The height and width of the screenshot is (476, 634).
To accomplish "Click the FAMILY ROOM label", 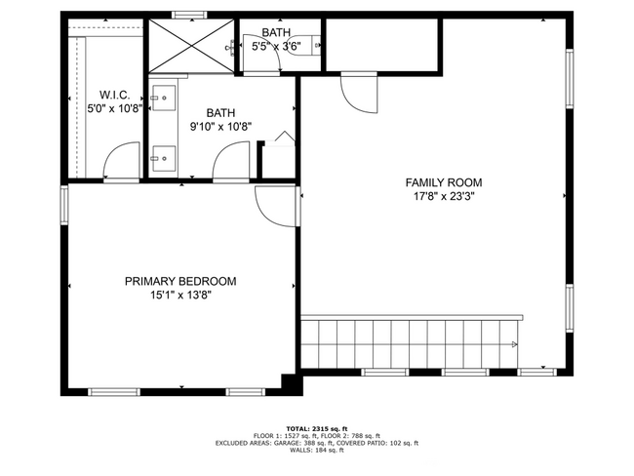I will coord(444,182).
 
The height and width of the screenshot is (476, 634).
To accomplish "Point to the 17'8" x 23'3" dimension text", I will coord(444,195).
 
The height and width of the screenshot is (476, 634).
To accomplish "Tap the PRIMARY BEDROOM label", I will coord(180,281).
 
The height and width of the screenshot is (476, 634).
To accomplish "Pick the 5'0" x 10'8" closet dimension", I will coord(115,108).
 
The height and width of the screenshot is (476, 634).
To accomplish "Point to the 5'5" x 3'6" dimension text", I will coord(276,45).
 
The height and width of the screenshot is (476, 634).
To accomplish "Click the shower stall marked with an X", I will coord(189,45).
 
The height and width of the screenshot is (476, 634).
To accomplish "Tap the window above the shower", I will coord(187,14).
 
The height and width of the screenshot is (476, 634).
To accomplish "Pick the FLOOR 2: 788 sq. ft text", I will coord(355,435).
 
